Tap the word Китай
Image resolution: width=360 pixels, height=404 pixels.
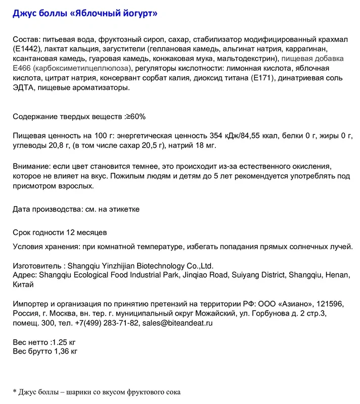pos(23,285)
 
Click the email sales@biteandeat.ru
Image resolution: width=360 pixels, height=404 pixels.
pos(177,323)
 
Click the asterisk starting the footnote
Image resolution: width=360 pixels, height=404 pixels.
pos(15,391)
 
